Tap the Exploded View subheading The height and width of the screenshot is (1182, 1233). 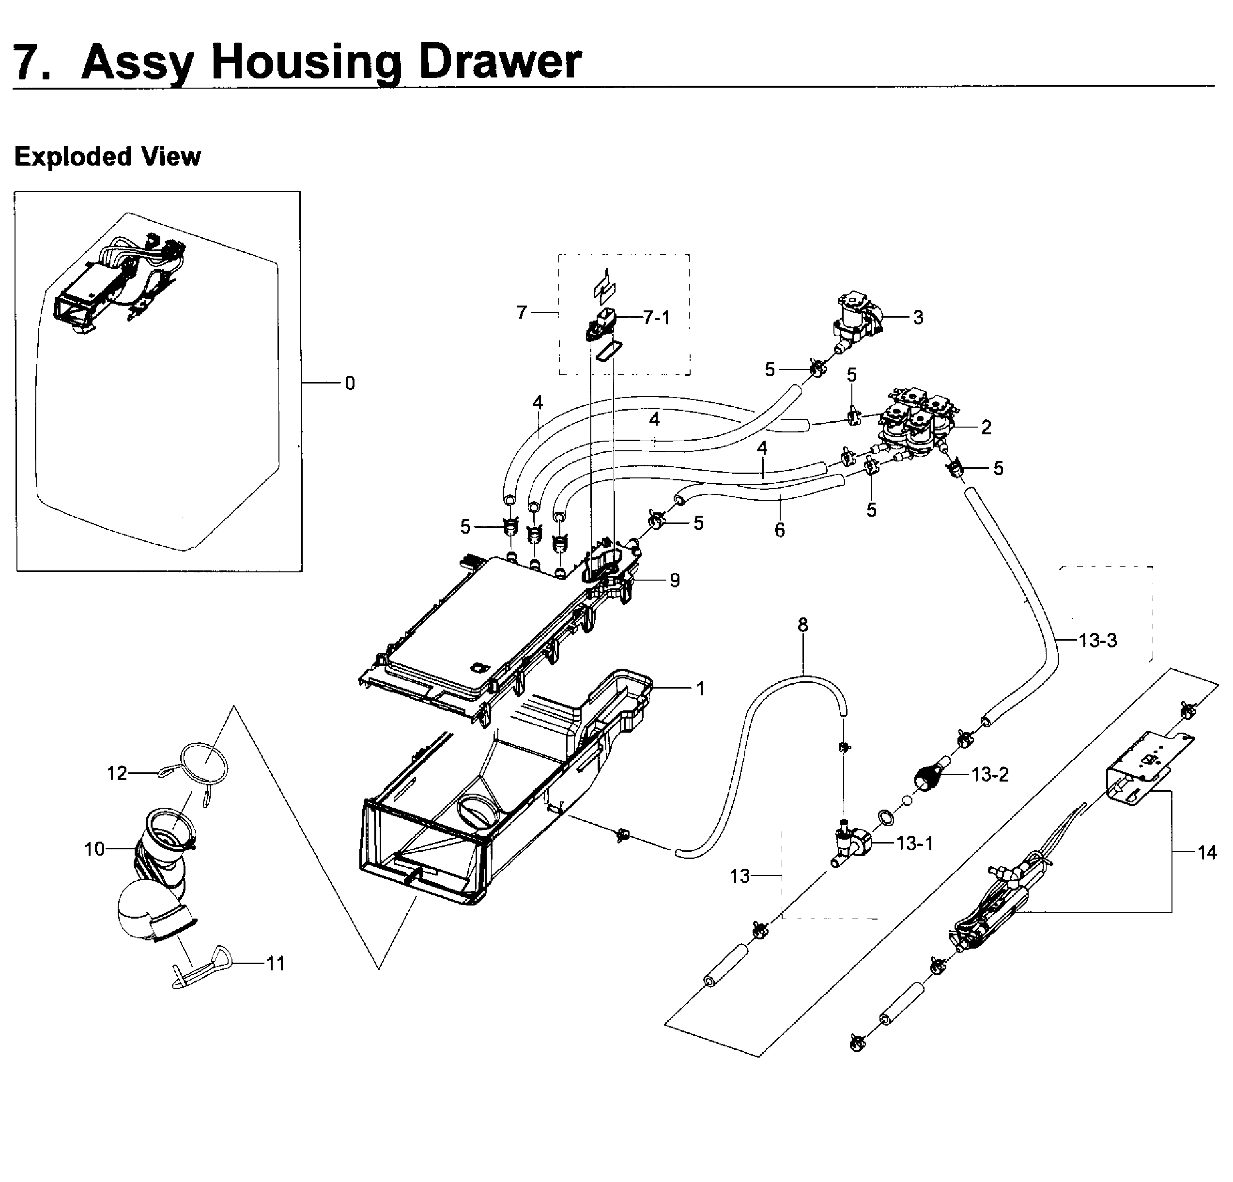click(x=107, y=156)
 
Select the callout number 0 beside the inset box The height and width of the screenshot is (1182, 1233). click(x=350, y=383)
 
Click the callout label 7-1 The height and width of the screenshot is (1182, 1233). click(x=656, y=318)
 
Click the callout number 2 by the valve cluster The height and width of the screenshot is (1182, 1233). click(x=986, y=427)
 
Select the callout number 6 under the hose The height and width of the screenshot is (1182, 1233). click(x=779, y=530)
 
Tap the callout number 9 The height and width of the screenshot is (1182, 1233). click(x=675, y=580)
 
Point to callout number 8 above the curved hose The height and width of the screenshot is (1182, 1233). click(x=802, y=625)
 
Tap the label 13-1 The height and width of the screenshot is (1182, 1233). click(x=915, y=843)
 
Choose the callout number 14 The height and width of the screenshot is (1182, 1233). click(x=1206, y=853)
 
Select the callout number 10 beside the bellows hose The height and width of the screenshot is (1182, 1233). click(x=94, y=849)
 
